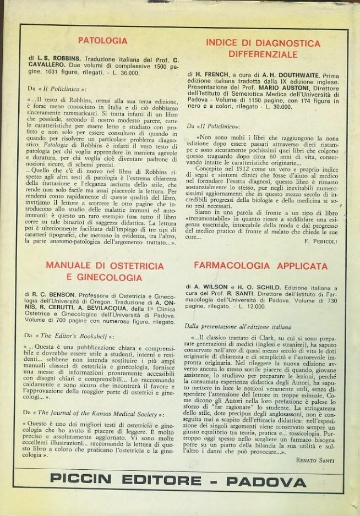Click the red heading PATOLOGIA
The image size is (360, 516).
pos(102,40)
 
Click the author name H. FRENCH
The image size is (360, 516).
pos(211,72)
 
